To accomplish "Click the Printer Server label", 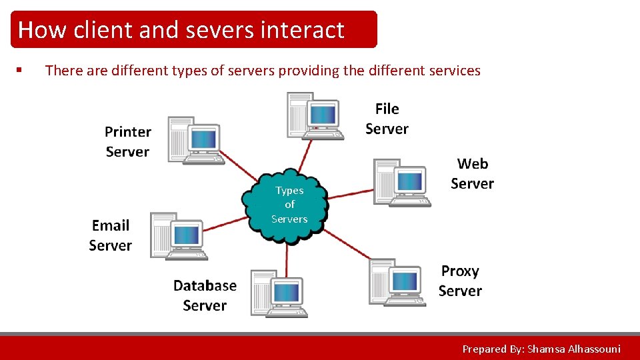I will click(x=128, y=141).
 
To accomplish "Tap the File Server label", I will click(x=387, y=119).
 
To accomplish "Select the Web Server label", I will click(x=472, y=173).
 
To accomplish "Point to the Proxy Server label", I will click(x=460, y=281).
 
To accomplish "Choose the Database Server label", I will click(x=205, y=295).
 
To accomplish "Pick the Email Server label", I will click(x=111, y=235).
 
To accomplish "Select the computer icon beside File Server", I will click(x=315, y=116).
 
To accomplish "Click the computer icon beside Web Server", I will click(x=402, y=183).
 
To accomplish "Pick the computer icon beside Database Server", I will click(x=279, y=293).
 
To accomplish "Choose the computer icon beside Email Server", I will click(x=179, y=236).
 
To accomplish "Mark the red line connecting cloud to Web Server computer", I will click(x=350, y=194).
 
